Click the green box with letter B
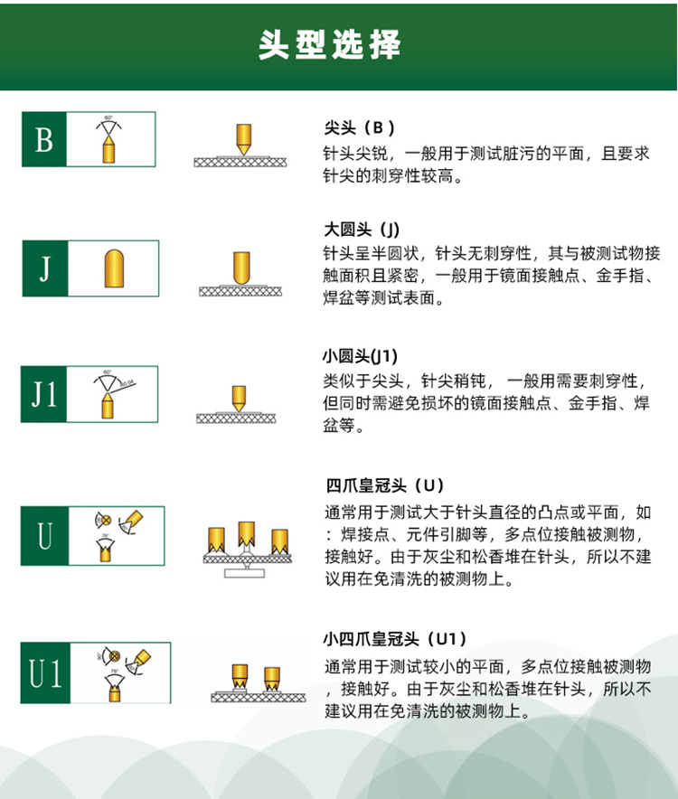pyautogui.click(x=44, y=140)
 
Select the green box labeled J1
pyautogui.click(x=44, y=395)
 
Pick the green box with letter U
pyautogui.click(x=44, y=536)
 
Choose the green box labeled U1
pyautogui.click(x=44, y=673)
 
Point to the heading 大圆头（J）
pyautogui.click(x=362, y=228)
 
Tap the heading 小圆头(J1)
pyautogui.click(x=361, y=355)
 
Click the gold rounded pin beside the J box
pyautogui.click(x=114, y=268)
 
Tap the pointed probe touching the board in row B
pyautogui.click(x=242, y=138)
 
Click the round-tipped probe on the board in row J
pyautogui.click(x=240, y=268)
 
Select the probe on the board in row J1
pyautogui.click(x=239, y=397)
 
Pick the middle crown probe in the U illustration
pyautogui.click(x=247, y=533)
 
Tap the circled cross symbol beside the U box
pyautogui.click(x=102, y=520)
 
